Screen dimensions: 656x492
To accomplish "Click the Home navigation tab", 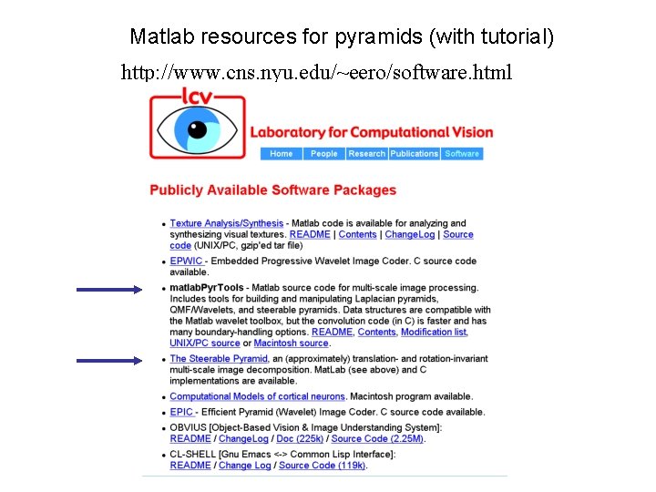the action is pyautogui.click(x=282, y=154).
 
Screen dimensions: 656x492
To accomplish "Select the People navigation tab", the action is pyautogui.click(x=323, y=154).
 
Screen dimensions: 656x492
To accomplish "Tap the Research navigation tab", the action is pyautogui.click(x=366, y=154).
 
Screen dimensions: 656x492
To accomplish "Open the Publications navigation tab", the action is pyautogui.click(x=415, y=154).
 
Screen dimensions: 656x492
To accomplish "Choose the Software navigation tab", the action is pyautogui.click(x=462, y=154).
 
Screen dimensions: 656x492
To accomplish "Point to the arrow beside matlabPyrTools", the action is pyautogui.click(x=109, y=290).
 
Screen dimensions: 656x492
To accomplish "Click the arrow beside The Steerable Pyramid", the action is pyautogui.click(x=109, y=361).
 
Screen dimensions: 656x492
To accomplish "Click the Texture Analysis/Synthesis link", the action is pyautogui.click(x=226, y=223).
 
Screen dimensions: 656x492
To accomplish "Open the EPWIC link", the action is pyautogui.click(x=186, y=261).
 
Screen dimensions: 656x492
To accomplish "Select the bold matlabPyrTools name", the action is pyautogui.click(x=207, y=289).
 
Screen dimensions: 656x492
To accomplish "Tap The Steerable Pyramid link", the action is pyautogui.click(x=219, y=359).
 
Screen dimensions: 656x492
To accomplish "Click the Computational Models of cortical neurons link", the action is pyautogui.click(x=257, y=396).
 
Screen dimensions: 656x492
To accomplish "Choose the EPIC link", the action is pyautogui.click(x=181, y=413).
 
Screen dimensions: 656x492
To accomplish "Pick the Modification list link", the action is pyautogui.click(x=434, y=333).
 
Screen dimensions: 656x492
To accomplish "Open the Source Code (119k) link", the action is pyautogui.click(x=323, y=466).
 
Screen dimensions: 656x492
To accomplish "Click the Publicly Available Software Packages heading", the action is pyautogui.click(x=272, y=190).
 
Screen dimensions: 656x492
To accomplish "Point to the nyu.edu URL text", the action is pyautogui.click(x=317, y=72).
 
